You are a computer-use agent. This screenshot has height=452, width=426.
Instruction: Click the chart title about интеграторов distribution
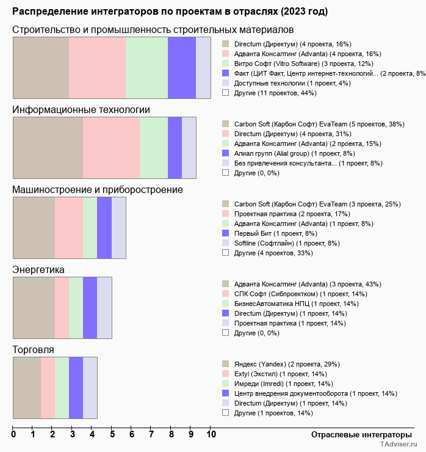pos(170,12)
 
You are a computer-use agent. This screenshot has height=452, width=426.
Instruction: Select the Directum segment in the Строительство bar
pos(41,67)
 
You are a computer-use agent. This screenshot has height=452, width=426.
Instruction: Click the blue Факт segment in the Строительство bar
pos(181,67)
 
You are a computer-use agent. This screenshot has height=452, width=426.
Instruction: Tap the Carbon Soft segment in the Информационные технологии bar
pos(48,147)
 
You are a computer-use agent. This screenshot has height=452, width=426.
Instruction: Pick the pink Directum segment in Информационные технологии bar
pos(111,147)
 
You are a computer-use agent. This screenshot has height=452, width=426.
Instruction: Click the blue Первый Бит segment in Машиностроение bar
pos(104,228)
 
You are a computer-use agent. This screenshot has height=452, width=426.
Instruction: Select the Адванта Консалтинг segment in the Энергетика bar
pos(34,308)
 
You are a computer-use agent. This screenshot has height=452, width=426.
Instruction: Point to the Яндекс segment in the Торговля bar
pos(27,388)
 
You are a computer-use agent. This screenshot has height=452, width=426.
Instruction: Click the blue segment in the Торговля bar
pos(76,388)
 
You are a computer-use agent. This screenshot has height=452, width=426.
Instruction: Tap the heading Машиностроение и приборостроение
pos(98,189)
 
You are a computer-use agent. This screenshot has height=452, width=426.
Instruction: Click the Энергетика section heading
pos(38,269)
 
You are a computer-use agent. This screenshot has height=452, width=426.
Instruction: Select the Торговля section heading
pos(33,349)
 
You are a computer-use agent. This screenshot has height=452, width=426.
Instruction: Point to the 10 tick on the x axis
pos(211,435)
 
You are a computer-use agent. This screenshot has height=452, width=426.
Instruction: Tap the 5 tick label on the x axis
pos(112,435)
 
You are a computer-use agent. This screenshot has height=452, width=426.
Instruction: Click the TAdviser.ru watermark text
pos(399,445)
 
